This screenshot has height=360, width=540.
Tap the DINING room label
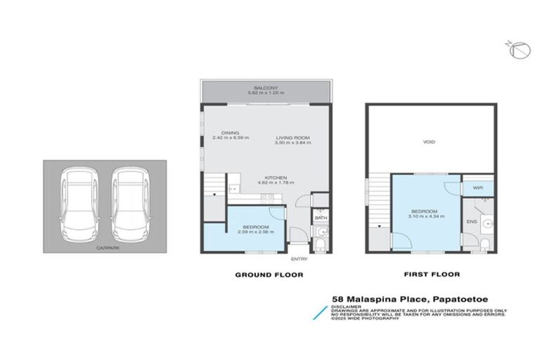point(230,132)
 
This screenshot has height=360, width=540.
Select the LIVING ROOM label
point(292,138)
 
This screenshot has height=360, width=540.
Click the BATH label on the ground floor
point(320,219)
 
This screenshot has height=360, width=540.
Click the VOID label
point(429,142)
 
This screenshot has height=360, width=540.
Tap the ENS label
point(470,222)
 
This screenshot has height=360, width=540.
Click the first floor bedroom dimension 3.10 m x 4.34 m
point(425,217)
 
